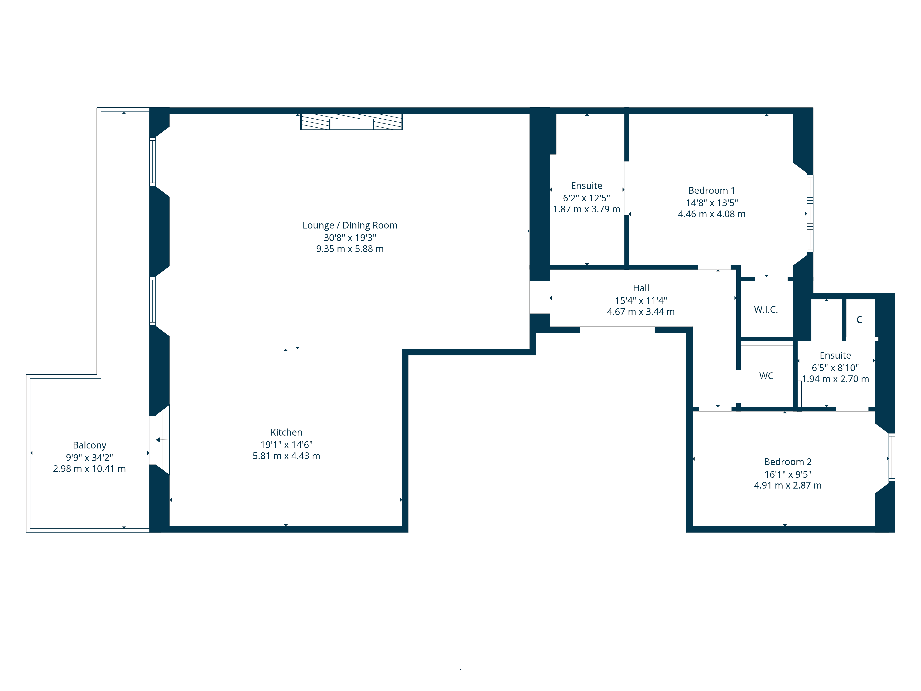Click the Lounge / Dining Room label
point(350,225)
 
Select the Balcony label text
point(90,445)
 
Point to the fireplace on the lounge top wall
point(351,122)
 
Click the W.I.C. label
point(766,310)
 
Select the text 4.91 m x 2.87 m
point(788,486)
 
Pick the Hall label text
point(641,288)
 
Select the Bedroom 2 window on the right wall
point(892,458)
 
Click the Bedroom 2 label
point(788,462)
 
